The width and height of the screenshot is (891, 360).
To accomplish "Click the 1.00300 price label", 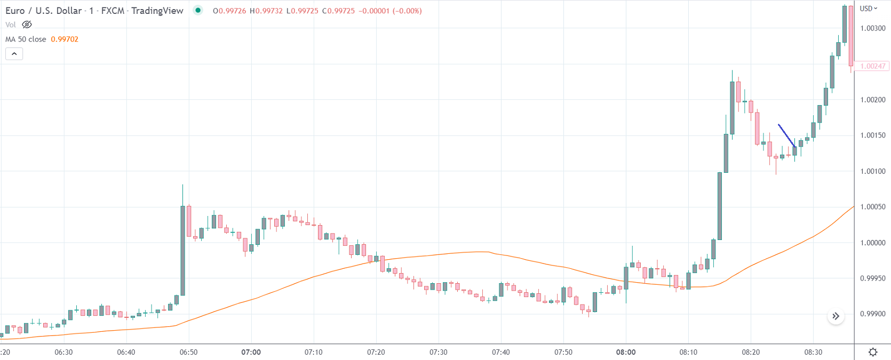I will click(x=872, y=28).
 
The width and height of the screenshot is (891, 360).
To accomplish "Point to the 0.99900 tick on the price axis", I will click(x=872, y=314).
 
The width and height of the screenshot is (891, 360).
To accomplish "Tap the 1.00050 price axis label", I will click(x=872, y=207).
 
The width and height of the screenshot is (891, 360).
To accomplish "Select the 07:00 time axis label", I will click(x=251, y=352).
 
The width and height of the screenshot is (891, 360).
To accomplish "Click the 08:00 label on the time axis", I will click(x=626, y=352).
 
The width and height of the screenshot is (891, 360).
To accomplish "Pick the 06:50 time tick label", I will click(x=188, y=352).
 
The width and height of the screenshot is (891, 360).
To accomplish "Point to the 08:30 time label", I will click(x=813, y=352).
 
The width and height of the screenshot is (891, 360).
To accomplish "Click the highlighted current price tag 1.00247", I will click(x=872, y=66).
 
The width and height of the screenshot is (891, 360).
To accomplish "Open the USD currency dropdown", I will click(x=868, y=9).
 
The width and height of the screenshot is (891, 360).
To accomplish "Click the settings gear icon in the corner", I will click(x=873, y=352).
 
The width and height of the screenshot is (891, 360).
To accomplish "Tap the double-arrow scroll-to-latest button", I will click(x=836, y=316).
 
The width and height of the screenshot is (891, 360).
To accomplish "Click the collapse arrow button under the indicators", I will click(x=14, y=54).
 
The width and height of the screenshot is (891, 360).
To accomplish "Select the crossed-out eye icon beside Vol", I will click(x=27, y=25).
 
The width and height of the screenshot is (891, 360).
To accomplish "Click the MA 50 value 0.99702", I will click(x=65, y=39).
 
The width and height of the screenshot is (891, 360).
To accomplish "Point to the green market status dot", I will click(x=198, y=10).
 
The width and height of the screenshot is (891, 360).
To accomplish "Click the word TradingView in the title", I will click(x=157, y=11).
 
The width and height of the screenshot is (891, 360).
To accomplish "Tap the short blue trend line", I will click(x=787, y=135).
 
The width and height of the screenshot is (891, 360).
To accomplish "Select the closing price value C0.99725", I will click(x=338, y=11).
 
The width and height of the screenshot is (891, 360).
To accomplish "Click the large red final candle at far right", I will click(x=851, y=35).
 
